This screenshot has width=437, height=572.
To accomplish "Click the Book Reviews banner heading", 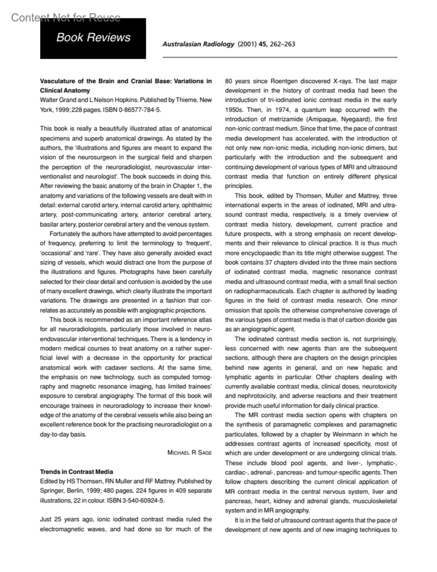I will [x=93, y=38].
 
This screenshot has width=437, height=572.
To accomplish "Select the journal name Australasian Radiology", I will [x=198, y=44].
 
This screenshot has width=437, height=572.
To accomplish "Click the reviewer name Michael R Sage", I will [x=189, y=453].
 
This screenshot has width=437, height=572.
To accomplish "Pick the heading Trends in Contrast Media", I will [x=76, y=472].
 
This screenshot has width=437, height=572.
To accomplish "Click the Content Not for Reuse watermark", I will [x=66, y=17].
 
